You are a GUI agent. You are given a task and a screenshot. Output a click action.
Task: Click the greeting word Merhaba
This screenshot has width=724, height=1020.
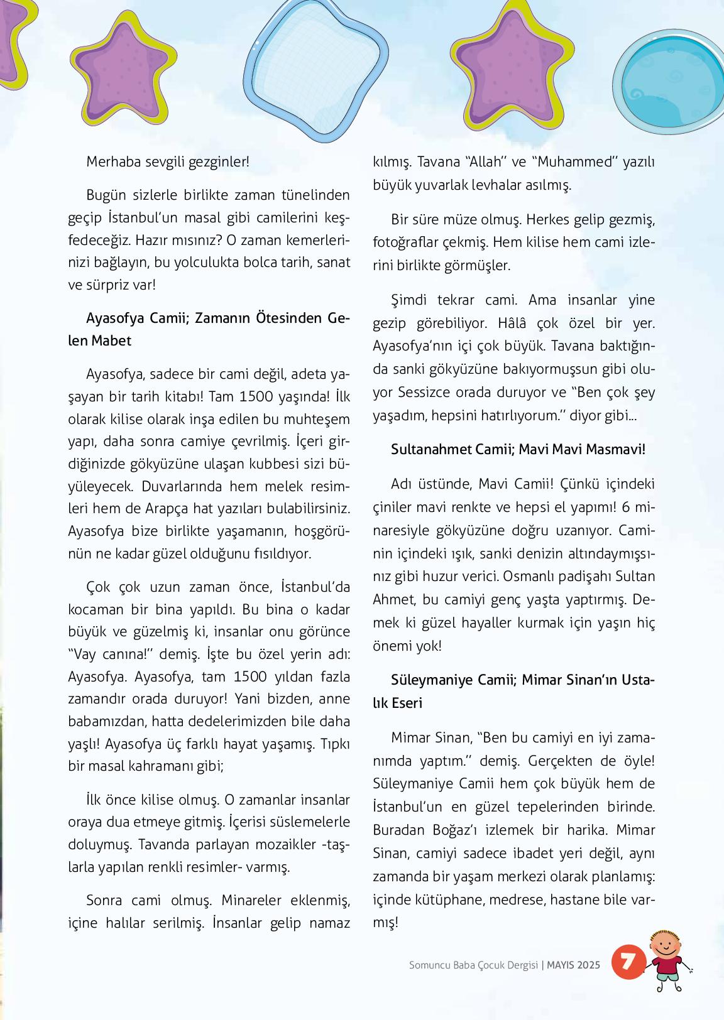point(113,161)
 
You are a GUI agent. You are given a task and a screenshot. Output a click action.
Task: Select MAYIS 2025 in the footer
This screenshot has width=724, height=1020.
point(573,965)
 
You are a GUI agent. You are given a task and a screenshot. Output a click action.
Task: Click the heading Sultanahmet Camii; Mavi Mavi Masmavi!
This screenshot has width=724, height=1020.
point(518,450)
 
